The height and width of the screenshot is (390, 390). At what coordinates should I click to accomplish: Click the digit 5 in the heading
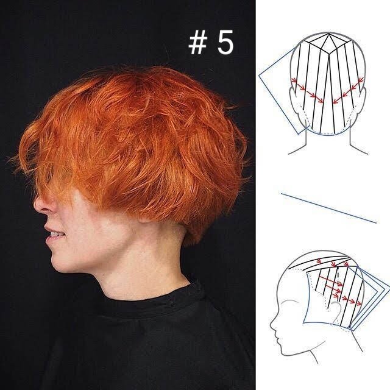tap(225, 42)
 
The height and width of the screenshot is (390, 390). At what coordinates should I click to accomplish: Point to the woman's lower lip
tap(51, 241)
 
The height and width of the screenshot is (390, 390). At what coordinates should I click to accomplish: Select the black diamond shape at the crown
tap(328, 43)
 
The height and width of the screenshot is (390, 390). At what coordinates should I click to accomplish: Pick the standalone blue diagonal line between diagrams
tap(329, 208)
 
